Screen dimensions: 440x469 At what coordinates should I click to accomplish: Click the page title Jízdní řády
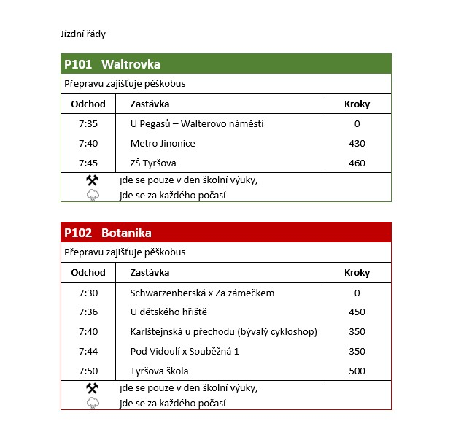coord(85,34)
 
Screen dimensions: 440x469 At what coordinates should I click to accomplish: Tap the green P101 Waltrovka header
coord(112,64)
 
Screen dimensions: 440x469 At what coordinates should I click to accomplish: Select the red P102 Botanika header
coord(108,233)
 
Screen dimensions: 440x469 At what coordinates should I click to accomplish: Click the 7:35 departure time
coord(88,123)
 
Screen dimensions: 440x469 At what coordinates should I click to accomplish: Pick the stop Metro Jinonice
coord(163,143)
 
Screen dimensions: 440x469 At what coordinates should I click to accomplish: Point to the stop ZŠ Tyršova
coord(153,163)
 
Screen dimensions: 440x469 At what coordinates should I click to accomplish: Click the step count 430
coord(357,143)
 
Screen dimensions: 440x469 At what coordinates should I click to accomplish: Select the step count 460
coord(357,163)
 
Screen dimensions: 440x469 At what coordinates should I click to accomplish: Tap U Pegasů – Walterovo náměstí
coord(197,123)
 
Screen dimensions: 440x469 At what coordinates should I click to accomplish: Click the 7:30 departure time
coord(88,293)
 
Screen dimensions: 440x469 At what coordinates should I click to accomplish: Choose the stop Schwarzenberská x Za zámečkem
coord(202,293)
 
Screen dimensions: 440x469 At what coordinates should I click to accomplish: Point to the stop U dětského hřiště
coord(168,312)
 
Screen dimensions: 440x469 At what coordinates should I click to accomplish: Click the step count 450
coord(357,312)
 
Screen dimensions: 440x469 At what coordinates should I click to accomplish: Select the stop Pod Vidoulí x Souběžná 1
coord(185,351)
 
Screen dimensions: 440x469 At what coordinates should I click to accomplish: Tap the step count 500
coord(357,371)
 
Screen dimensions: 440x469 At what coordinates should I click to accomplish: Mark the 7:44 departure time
coord(88,351)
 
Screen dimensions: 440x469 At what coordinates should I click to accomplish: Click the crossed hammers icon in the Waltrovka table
coord(93,180)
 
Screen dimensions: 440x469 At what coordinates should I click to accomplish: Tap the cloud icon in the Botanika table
coord(93,403)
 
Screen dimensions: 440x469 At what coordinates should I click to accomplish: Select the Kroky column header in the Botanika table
coord(357,272)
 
